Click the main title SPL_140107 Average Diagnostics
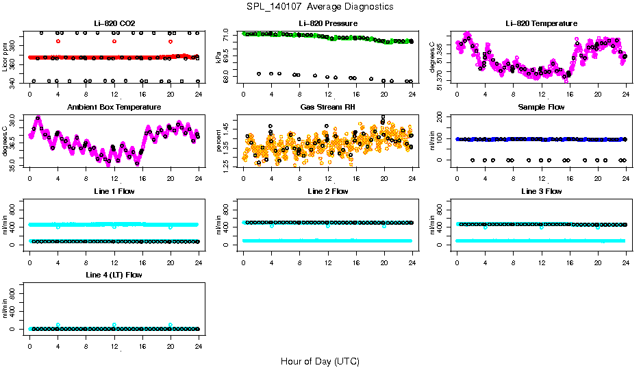tap(320, 6)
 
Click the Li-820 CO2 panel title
tap(114, 24)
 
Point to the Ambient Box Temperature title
tap(114, 108)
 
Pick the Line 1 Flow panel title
tap(114, 191)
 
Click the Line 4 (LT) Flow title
tap(114, 275)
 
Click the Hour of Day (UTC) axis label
tap(320, 361)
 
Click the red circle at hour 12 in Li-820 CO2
tap(114, 41)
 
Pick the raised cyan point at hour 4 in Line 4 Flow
tap(58, 325)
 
